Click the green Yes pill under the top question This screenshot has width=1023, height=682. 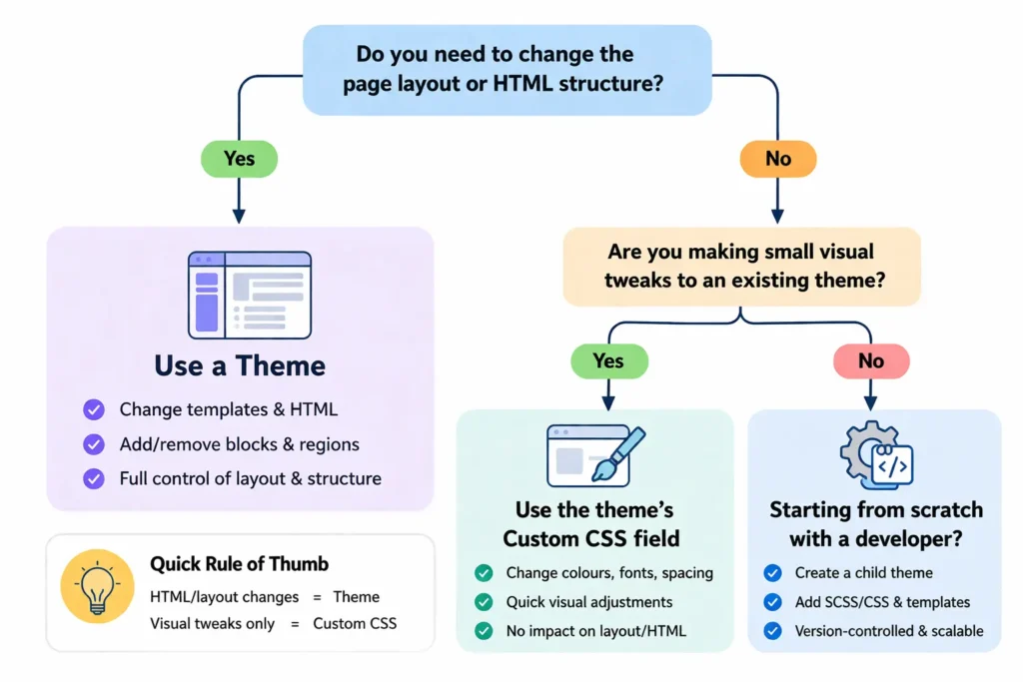pyautogui.click(x=239, y=158)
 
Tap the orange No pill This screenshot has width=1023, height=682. pyautogui.click(x=777, y=158)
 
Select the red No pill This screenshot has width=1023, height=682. pyautogui.click(x=870, y=360)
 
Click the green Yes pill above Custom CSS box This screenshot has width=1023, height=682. pyautogui.click(x=607, y=360)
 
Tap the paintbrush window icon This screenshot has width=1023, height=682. pyautogui.click(x=595, y=454)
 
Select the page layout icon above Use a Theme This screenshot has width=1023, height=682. pyautogui.click(x=250, y=295)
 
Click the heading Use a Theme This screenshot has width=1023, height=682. pyautogui.click(x=240, y=365)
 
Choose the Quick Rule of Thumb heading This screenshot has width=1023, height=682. pyautogui.click(x=239, y=563)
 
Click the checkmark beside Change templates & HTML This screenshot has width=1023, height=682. pyautogui.click(x=93, y=409)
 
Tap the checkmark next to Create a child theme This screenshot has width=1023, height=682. pyautogui.click(x=772, y=573)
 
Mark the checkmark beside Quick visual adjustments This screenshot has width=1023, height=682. pyautogui.click(x=484, y=602)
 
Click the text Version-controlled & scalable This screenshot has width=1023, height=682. pyautogui.click(x=889, y=631)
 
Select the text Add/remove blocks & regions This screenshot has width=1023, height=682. pyautogui.click(x=239, y=444)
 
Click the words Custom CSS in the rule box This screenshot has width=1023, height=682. pyautogui.click(x=355, y=623)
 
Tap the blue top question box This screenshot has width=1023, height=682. pyautogui.click(x=507, y=69)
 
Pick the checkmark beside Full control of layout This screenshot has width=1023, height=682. pyautogui.click(x=93, y=478)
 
